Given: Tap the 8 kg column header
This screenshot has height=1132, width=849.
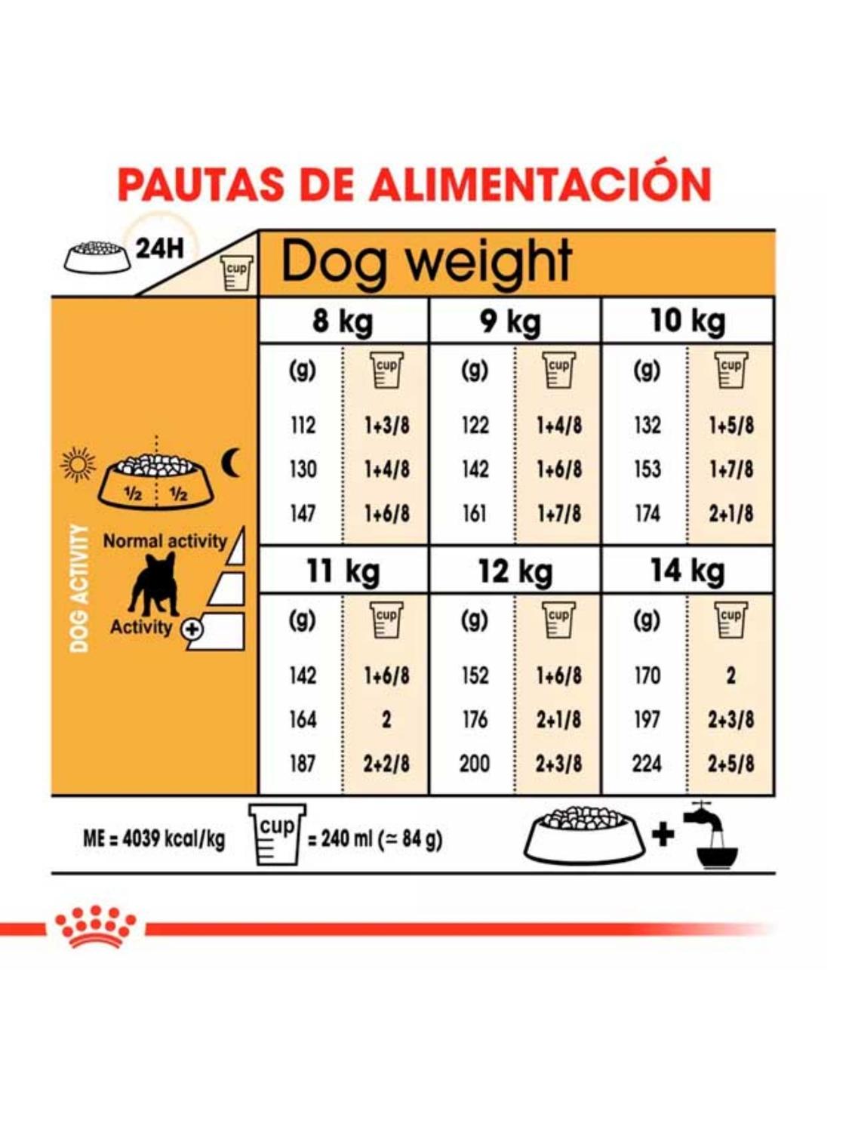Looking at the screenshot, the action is [x=343, y=321].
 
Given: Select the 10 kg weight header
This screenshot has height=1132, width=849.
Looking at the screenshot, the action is [x=688, y=321].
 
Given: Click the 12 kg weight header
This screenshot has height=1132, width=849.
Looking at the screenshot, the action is [x=515, y=571].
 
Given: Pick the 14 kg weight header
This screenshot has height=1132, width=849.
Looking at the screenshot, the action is [x=688, y=571].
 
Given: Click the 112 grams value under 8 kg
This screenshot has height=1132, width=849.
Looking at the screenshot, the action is [x=303, y=426].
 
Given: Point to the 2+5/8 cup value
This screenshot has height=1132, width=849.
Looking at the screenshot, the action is [x=731, y=764].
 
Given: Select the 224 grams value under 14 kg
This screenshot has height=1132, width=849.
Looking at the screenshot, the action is [x=647, y=764].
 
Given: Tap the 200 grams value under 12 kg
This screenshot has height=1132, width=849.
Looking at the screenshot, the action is [x=474, y=764].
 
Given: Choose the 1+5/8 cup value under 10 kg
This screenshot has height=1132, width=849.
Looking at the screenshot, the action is [x=731, y=426].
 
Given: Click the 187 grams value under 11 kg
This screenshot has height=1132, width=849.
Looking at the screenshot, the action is [x=303, y=764].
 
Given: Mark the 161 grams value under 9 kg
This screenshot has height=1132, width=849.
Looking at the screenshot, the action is [x=475, y=514].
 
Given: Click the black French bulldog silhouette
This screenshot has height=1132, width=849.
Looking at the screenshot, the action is [x=154, y=584].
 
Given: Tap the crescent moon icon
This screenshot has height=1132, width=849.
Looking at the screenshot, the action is [x=230, y=462].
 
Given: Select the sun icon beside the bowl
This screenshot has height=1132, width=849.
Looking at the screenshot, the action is [x=78, y=464].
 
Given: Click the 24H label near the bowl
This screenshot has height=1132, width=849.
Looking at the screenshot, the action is [x=159, y=249].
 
